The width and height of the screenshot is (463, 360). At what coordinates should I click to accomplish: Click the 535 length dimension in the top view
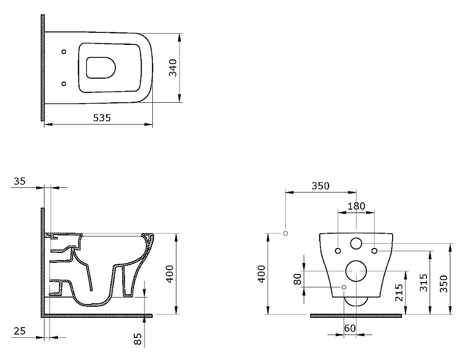(x=102, y=118)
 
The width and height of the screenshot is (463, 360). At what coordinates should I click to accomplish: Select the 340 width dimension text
(x=173, y=68)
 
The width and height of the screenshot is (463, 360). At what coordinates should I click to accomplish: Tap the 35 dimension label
(x=20, y=181)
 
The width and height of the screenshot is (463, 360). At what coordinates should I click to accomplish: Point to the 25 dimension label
(x=20, y=331)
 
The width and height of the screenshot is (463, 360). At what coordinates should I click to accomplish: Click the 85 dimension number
(x=138, y=339)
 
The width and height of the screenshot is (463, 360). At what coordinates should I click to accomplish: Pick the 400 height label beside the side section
(x=170, y=274)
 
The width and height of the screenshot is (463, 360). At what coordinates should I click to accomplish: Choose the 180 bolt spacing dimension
(x=356, y=205)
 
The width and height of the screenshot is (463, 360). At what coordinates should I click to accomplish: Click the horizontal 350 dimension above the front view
(x=320, y=186)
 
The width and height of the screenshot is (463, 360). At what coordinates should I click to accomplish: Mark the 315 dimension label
(x=424, y=283)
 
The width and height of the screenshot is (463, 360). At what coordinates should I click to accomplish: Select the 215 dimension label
(x=399, y=292)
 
